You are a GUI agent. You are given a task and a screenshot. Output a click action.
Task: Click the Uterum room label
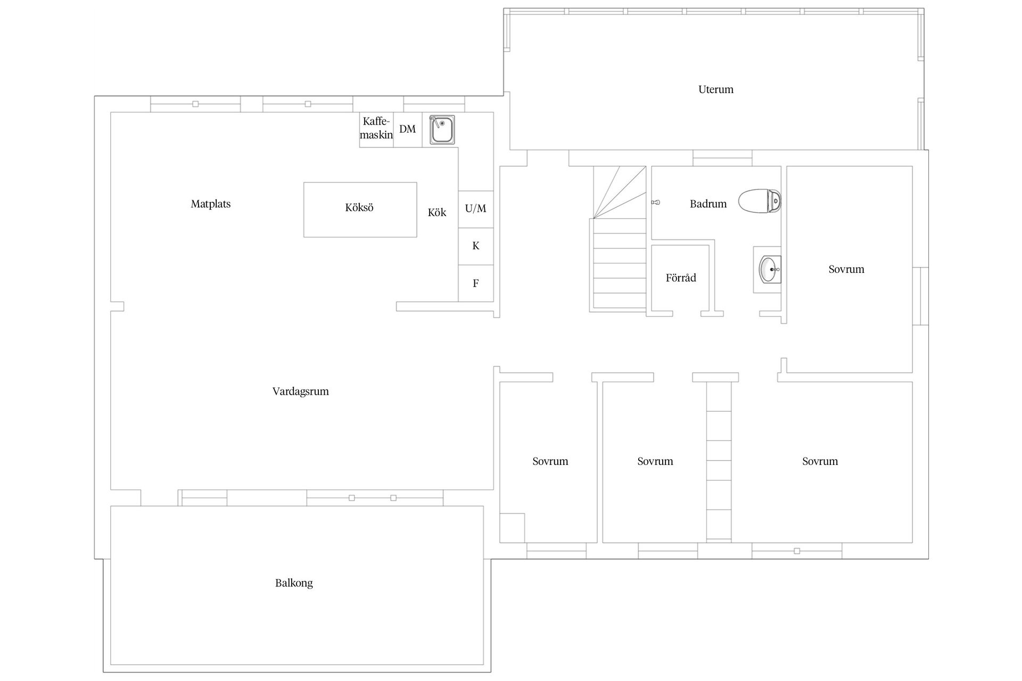[x=715, y=89]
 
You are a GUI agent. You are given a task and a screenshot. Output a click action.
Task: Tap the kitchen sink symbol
[x=442, y=130]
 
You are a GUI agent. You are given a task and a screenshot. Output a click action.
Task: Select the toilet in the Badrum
[x=760, y=201]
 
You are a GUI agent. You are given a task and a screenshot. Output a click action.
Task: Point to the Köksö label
[x=359, y=207]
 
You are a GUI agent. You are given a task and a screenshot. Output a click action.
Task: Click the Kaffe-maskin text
[x=376, y=128]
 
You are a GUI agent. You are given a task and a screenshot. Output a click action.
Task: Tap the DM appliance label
[x=407, y=129]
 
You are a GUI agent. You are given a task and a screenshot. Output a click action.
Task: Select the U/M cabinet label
[x=475, y=209]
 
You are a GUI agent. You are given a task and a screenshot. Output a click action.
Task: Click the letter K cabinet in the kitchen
[x=475, y=246]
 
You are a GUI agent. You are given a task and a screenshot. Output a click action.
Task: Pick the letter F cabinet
[x=475, y=284]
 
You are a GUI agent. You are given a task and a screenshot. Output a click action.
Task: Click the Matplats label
[x=211, y=204]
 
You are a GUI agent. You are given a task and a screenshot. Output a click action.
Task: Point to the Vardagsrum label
[x=300, y=392]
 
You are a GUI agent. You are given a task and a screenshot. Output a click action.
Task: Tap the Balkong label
[x=294, y=583]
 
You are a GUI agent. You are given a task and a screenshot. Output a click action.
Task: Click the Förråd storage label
[x=680, y=278]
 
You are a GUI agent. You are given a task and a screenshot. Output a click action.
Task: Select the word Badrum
[x=708, y=204]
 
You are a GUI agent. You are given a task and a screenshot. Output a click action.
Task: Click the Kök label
[x=437, y=213]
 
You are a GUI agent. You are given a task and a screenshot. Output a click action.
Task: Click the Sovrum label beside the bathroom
[x=846, y=269]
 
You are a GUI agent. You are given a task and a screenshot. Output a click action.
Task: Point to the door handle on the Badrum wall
[x=656, y=202]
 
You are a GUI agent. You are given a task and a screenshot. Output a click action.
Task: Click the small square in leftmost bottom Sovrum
[x=512, y=528]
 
